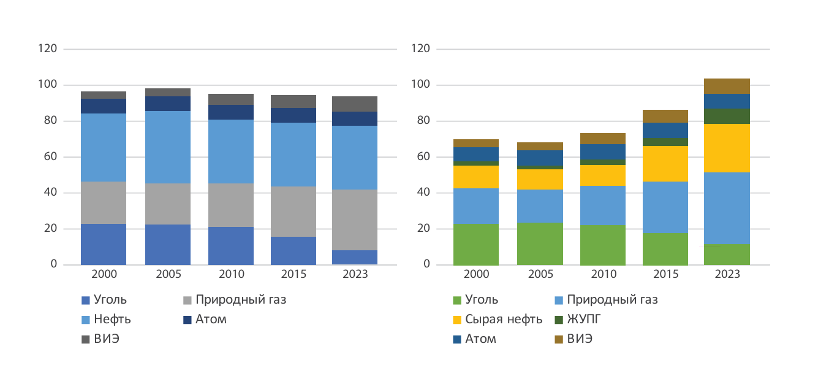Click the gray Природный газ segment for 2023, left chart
pos(355,220)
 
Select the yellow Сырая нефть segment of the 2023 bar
pos(727,148)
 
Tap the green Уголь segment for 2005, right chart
pos(540,244)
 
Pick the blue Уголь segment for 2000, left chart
pos(104,244)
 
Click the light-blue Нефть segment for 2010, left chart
pos(231,152)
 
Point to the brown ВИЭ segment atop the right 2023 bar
pos(727,86)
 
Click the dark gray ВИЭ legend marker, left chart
pos(86,339)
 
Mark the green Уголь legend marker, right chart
pos(456,301)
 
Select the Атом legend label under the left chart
pos(211,320)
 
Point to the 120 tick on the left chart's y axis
pos(47,48)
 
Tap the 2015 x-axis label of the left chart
pos(294,274)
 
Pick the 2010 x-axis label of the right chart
pos(603,274)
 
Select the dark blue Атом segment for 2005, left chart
pos(167,104)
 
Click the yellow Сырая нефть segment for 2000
pos(476,177)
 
